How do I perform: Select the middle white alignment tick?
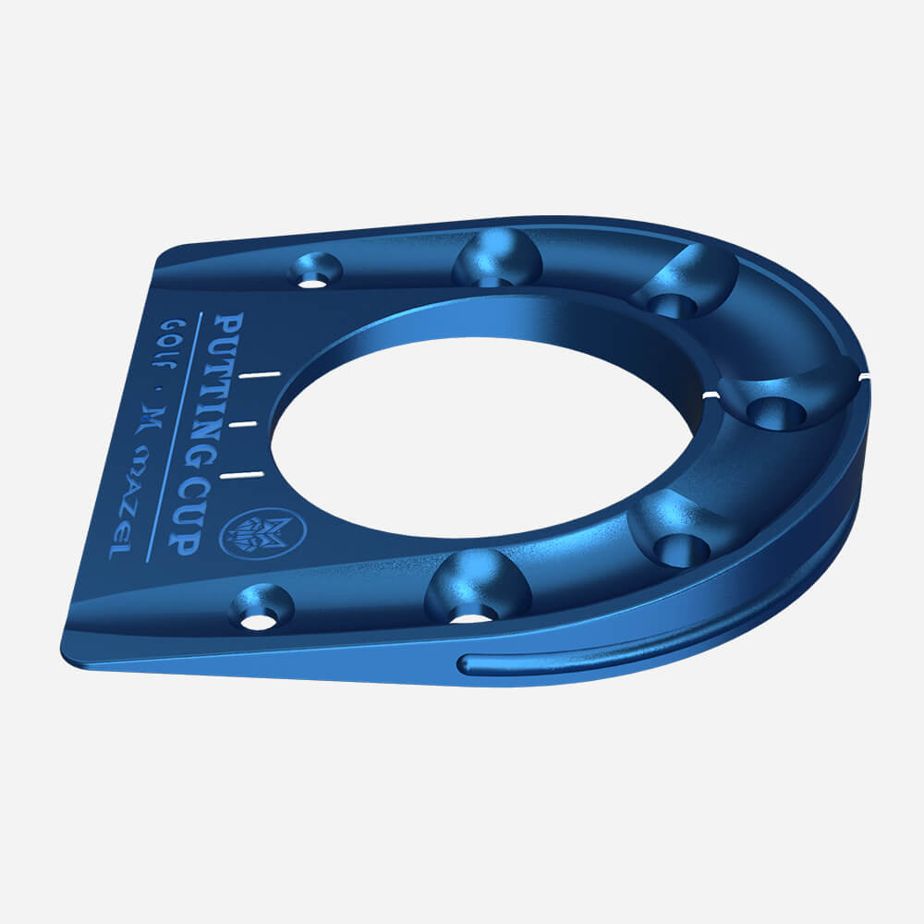246,424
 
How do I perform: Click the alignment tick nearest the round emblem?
241,474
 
